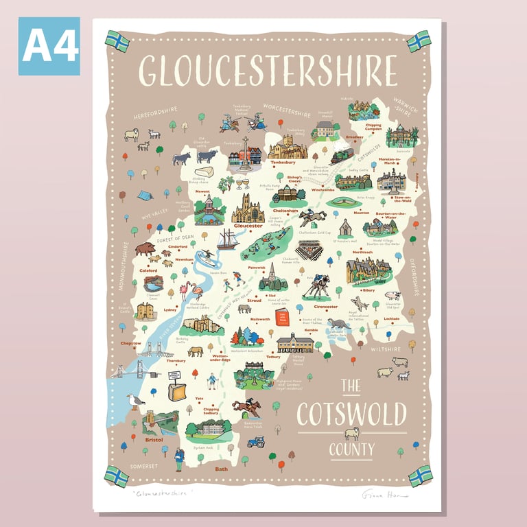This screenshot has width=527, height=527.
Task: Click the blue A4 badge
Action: tap(49, 46)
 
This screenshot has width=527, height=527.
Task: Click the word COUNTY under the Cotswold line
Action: tap(351, 450)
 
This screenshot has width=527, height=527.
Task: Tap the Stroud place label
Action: tap(254, 301)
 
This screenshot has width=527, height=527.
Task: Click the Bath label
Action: tap(222, 469)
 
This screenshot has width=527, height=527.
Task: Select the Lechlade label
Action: tap(392, 318)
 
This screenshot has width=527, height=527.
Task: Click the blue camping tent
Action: tap(145, 195)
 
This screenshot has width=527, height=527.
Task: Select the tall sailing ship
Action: tap(229, 239)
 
